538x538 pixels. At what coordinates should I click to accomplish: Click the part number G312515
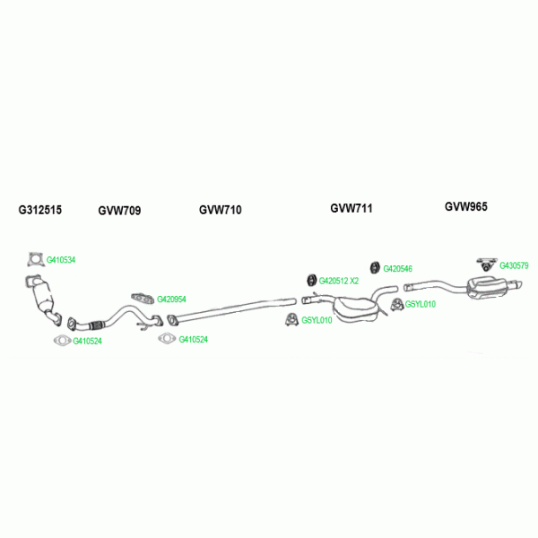coord(40,211)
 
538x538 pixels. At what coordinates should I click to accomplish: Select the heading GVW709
coord(119,211)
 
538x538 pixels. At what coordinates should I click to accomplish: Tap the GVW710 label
coord(220,210)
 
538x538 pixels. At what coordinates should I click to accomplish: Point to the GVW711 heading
coord(351,208)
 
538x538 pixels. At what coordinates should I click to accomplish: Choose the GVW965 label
coord(466,206)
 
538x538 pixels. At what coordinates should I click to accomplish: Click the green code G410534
coord(61,260)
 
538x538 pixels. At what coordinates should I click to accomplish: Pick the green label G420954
coord(171,299)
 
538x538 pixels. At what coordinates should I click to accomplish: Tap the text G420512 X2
coord(339,281)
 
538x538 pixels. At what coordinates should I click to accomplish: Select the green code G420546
coord(397,268)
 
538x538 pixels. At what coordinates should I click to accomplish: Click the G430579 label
coord(514,265)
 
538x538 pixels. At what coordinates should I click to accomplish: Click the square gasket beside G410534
coord(35,260)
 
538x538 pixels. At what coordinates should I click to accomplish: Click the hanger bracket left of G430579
coord(485,263)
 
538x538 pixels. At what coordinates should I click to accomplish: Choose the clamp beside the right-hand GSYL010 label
coord(397,308)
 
